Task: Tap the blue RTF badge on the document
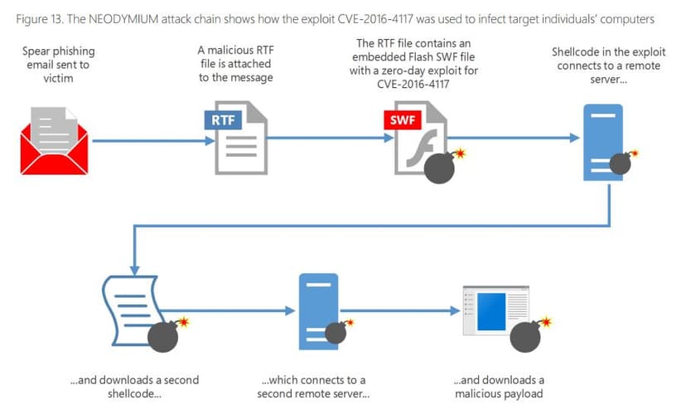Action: tap(223, 120)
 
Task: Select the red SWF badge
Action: tap(403, 120)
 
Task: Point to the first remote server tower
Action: tap(603, 143)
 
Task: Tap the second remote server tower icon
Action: tap(318, 312)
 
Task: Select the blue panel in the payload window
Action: tap(490, 312)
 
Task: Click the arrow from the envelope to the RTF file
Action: tap(153, 141)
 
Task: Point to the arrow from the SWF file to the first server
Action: tap(514, 138)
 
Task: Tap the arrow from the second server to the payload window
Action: tap(400, 311)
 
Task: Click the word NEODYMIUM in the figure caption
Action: tap(123, 19)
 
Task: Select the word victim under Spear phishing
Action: tap(58, 79)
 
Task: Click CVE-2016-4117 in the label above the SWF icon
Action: tap(413, 84)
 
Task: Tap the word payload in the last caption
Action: tap(520, 394)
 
